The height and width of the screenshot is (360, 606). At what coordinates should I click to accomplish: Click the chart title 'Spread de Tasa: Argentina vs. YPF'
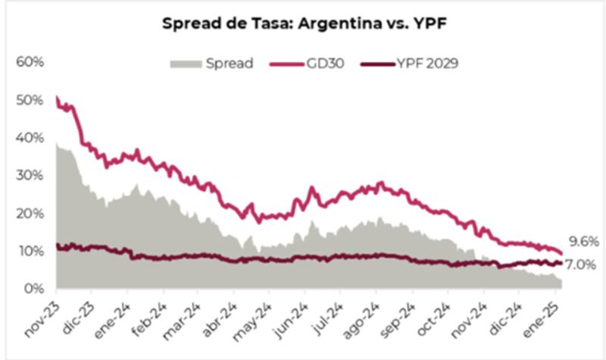[x=303, y=23]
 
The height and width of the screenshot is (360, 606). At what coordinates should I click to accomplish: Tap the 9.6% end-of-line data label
[x=584, y=242]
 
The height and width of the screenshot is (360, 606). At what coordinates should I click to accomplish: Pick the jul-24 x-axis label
[x=328, y=317]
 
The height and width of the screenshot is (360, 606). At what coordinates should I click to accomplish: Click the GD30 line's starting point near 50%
[x=58, y=99]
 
